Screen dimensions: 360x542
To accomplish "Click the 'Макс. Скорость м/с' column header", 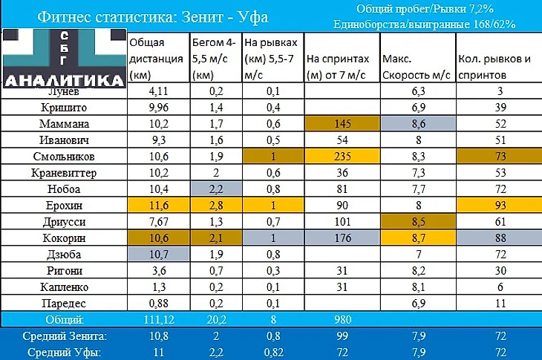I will click(x=415, y=68).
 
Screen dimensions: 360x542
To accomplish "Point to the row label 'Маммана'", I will click(x=63, y=123).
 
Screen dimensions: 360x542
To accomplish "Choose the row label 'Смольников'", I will click(x=63, y=157).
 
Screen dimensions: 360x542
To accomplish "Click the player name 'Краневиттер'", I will click(x=63, y=173).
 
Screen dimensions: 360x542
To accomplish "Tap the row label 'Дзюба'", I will click(x=63, y=255).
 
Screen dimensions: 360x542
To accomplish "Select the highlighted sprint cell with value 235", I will click(x=342, y=157).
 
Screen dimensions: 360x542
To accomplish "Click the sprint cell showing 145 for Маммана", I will click(x=342, y=123).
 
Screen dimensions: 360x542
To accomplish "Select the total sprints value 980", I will click(x=342, y=319).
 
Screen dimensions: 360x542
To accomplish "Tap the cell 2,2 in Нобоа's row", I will click(x=215, y=189).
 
